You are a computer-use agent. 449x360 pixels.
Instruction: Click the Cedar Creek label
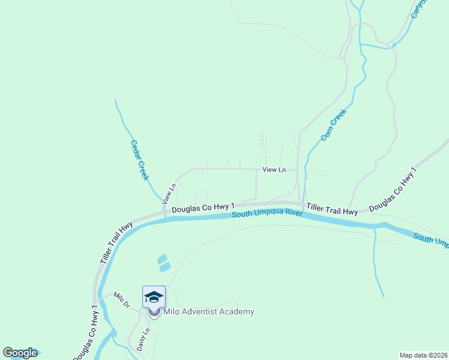point(139,161)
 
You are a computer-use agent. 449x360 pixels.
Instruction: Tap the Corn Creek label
point(334,124)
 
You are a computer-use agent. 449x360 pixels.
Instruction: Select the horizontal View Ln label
point(274,170)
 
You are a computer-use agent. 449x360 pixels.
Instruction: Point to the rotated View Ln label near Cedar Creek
point(172,193)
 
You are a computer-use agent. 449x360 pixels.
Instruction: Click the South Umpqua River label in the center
point(267,214)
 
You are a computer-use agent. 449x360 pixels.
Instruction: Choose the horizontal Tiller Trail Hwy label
point(333,209)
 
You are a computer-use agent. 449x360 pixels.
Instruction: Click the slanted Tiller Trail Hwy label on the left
point(117,244)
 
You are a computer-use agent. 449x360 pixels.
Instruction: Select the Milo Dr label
point(122,300)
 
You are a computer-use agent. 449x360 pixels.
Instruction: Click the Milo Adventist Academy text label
point(208,311)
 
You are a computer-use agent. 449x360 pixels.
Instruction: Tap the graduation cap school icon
point(154,297)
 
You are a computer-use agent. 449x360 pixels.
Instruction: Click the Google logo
point(20,353)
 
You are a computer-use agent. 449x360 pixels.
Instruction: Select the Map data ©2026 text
point(424,355)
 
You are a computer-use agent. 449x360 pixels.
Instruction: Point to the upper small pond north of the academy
point(161,259)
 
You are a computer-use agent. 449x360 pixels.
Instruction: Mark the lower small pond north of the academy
point(165,267)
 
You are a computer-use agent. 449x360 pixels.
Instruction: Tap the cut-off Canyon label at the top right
point(418,8)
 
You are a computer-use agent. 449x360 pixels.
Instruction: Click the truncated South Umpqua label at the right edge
point(431,239)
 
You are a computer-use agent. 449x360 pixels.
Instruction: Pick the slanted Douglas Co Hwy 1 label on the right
point(393,190)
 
